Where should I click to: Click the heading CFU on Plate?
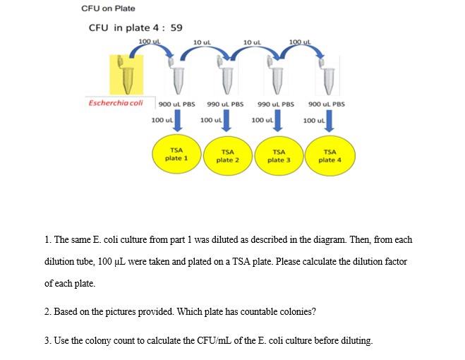click(x=108, y=8)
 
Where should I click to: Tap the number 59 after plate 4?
click(x=176, y=28)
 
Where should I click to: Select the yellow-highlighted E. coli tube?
click(x=127, y=75)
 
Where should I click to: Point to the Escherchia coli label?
click(x=116, y=103)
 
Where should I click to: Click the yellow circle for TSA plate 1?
click(x=176, y=155)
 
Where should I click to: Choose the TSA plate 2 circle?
click(x=227, y=155)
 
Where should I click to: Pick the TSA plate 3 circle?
click(x=279, y=155)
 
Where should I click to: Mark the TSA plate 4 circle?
click(x=330, y=155)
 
